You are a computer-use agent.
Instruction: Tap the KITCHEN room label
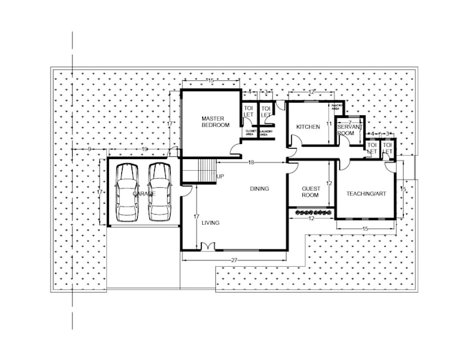coord(308,128)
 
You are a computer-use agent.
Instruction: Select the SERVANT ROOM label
coord(347,130)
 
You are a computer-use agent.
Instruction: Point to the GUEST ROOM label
coord(310,192)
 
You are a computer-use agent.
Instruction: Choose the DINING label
coord(259,189)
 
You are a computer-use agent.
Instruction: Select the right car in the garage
coord(159,192)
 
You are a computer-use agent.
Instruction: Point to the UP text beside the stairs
coord(220,177)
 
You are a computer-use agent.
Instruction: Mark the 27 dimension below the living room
coord(234,261)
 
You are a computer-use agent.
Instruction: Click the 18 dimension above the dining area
coord(252,162)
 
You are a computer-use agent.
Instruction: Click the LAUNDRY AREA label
coord(267,133)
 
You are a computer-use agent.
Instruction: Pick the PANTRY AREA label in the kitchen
coord(336,107)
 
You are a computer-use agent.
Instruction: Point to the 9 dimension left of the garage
coord(90,149)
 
